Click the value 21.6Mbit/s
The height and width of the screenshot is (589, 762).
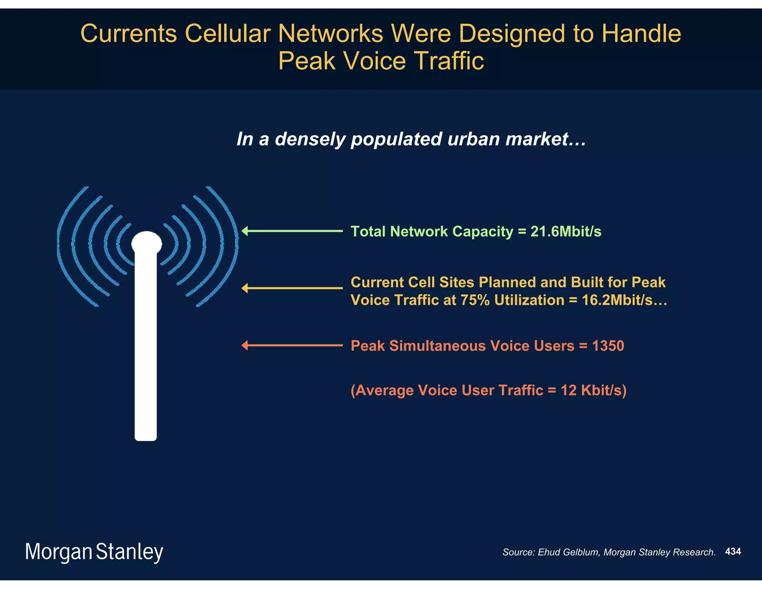pyautogui.click(x=566, y=232)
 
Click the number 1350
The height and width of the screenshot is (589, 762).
pyautogui.click(x=608, y=346)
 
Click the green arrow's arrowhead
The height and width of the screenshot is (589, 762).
pyautogui.click(x=245, y=231)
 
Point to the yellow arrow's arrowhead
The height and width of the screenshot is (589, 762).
pyautogui.click(x=245, y=288)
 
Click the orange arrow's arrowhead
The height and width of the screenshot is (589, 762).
pyautogui.click(x=245, y=346)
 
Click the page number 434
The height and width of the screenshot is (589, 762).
pyautogui.click(x=733, y=551)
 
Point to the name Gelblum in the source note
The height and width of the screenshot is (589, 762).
pyautogui.click(x=582, y=552)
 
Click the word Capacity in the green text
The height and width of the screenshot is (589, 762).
pyautogui.click(x=483, y=232)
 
